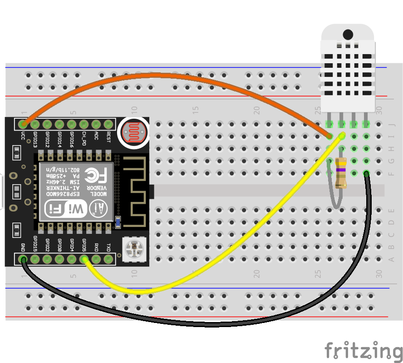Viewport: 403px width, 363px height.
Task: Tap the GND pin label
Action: [x=23, y=247]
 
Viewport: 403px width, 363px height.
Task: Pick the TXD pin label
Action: [x=108, y=247]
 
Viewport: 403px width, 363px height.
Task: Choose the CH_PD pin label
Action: [x=84, y=138]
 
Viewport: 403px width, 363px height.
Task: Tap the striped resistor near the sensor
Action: [x=340, y=173]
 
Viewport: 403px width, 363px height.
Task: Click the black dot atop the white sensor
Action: [x=348, y=34]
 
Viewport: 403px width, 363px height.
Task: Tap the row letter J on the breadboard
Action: [x=392, y=123]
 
